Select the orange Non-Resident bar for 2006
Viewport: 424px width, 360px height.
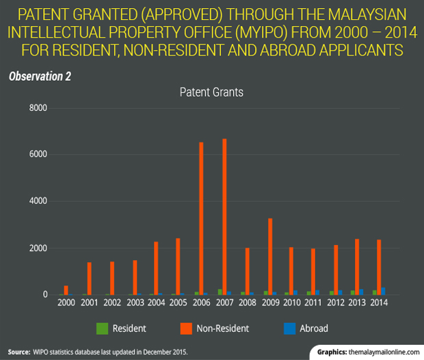coord(202,218)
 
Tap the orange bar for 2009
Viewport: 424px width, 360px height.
coord(269,256)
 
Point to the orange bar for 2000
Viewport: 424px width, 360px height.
coord(66,290)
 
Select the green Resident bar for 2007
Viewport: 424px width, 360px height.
coord(219,292)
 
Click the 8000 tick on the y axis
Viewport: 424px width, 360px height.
coord(37,108)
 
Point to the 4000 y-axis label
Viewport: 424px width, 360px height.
coord(37,201)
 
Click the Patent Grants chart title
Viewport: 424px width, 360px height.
coord(211,91)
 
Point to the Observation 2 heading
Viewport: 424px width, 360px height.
coord(40,75)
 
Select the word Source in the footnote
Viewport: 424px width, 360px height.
coord(18,351)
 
